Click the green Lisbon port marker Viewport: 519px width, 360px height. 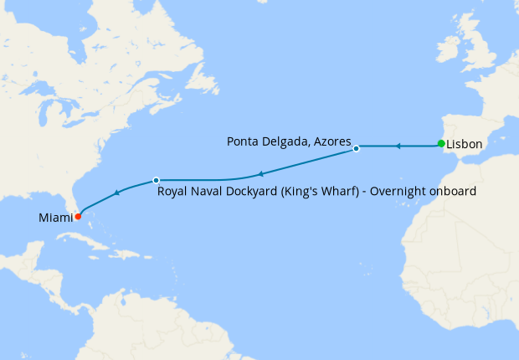(x=441, y=144)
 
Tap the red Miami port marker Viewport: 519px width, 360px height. (x=77, y=216)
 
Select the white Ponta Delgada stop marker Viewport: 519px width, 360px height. (x=357, y=148)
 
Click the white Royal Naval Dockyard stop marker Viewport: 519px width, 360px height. (x=156, y=180)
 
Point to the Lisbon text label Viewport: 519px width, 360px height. (x=465, y=145)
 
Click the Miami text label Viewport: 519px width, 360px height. (x=54, y=218)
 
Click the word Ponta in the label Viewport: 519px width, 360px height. (x=243, y=142)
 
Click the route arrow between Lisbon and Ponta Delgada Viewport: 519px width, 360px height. (x=398, y=147)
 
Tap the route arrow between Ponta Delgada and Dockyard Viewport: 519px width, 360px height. (x=260, y=174)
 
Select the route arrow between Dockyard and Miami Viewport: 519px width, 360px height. (x=116, y=193)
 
